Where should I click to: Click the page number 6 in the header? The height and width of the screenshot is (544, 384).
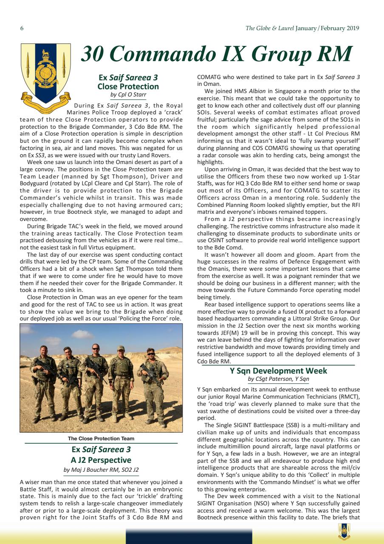point(21,28)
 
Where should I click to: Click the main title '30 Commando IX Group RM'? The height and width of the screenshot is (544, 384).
point(217,54)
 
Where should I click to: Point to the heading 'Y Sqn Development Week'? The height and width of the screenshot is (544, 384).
point(278,371)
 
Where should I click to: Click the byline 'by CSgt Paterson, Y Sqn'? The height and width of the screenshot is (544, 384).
point(278,379)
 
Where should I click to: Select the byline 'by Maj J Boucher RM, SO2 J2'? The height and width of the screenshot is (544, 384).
point(101,470)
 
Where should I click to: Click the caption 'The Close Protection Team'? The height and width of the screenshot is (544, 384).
point(101,438)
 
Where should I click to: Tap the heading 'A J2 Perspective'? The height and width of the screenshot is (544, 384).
point(101,460)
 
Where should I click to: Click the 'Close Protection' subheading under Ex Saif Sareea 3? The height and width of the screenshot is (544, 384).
point(128,87)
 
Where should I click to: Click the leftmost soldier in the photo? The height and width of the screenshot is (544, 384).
point(43,382)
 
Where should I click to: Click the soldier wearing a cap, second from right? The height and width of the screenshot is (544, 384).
point(121,382)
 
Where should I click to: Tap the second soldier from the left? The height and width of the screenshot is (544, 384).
point(68,382)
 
